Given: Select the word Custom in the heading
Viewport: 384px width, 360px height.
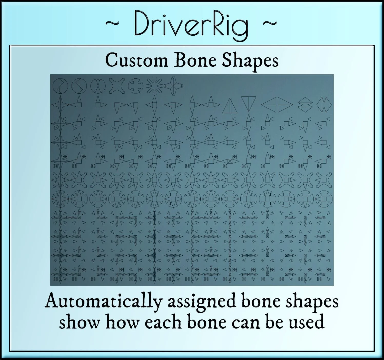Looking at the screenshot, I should [136, 61].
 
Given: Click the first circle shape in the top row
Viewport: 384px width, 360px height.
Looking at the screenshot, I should [60, 86].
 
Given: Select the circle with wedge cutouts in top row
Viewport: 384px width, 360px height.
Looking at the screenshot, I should [98, 86].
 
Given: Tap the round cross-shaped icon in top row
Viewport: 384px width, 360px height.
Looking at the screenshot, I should [135, 86].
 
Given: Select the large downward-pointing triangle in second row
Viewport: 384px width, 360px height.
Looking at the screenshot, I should [249, 103].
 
